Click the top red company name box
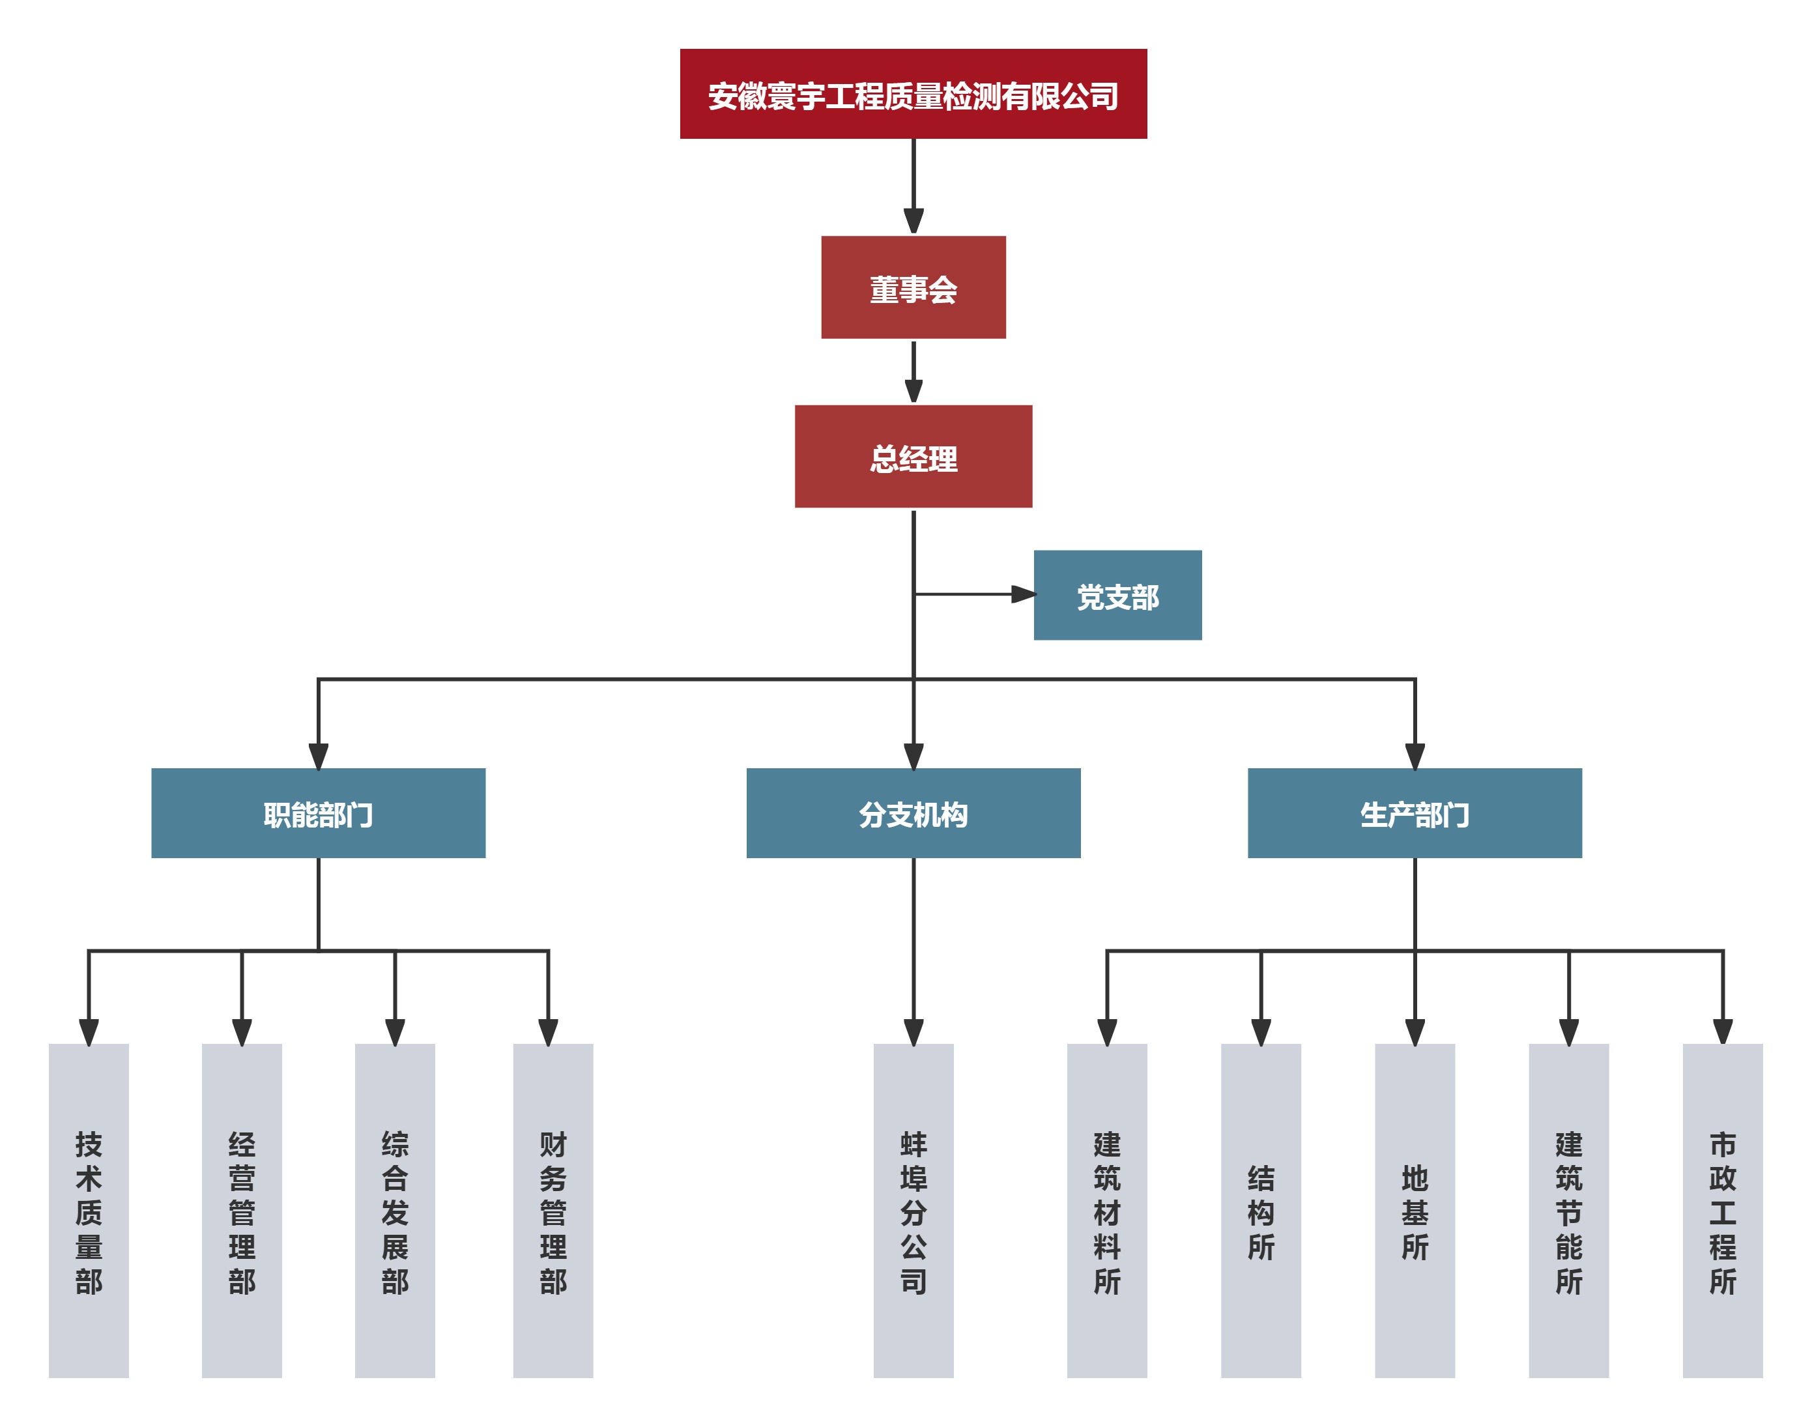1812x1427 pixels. coord(912,94)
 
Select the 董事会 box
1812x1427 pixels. coord(912,287)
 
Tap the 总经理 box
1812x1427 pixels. coord(912,456)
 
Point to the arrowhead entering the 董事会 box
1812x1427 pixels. coord(913,221)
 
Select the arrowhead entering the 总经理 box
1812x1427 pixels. coord(913,391)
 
